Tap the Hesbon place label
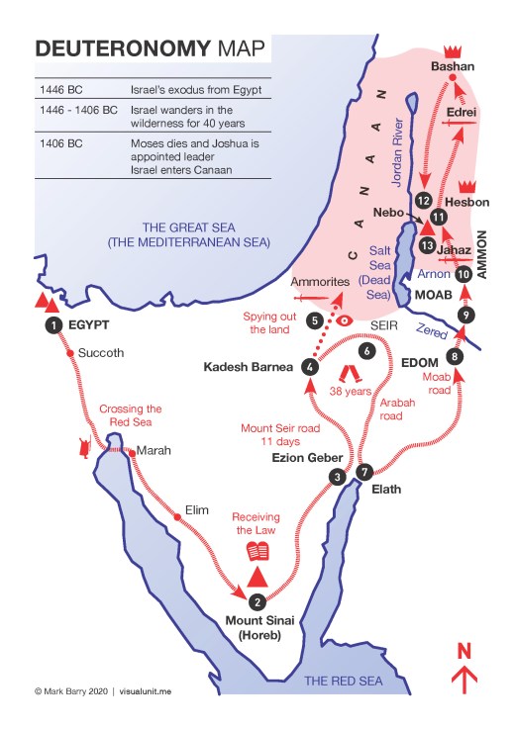pyautogui.click(x=467, y=202)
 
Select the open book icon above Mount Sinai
pyautogui.click(x=257, y=552)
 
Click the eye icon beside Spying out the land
pyautogui.click(x=345, y=321)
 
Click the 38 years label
pyautogui.click(x=352, y=391)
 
